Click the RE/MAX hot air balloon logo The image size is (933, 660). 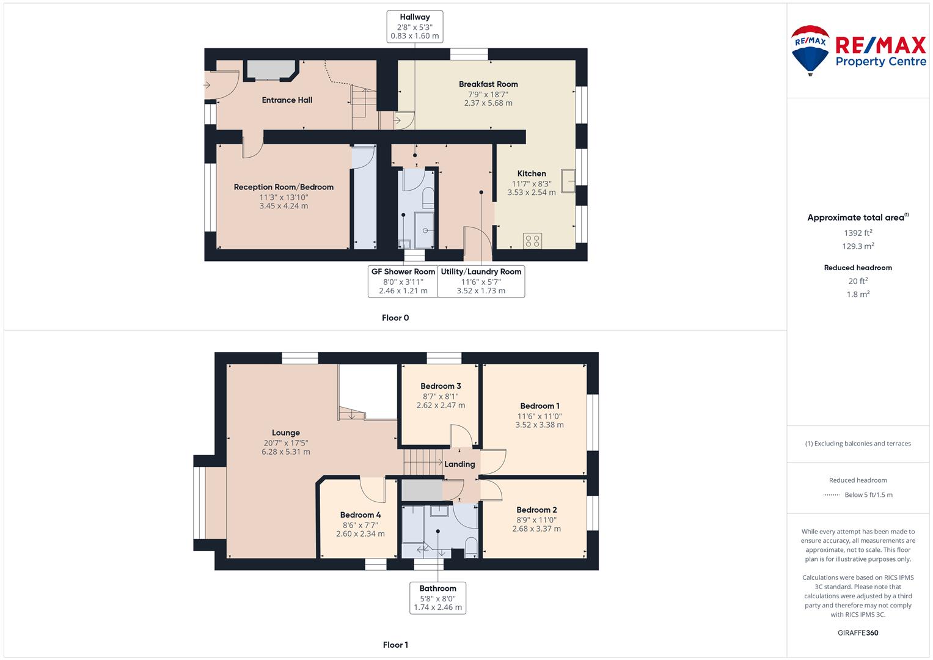tap(810, 50)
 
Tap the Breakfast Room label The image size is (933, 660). tap(488, 84)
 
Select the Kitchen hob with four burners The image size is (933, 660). tap(532, 241)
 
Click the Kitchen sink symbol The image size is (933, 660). tap(568, 181)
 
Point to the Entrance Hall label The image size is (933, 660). tap(287, 100)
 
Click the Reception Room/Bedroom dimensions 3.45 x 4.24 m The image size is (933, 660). tap(284, 206)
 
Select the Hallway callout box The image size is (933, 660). tap(415, 27)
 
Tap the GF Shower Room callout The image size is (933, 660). tap(403, 281)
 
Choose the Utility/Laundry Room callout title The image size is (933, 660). tap(481, 272)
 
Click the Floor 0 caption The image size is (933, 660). tap(395, 318)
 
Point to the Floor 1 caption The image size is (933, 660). tap(395, 645)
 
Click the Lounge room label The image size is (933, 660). tap(286, 433)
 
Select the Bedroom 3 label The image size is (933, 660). tap(441, 386)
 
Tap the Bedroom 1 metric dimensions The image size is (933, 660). tap(540, 425)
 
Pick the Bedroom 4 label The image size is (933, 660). tap(360, 515)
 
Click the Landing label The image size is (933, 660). tap(459, 464)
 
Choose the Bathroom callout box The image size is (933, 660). tap(437, 598)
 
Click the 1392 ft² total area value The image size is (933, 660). tap(858, 233)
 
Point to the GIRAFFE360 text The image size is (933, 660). tap(858, 633)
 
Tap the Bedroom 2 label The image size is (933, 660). tap(536, 510)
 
